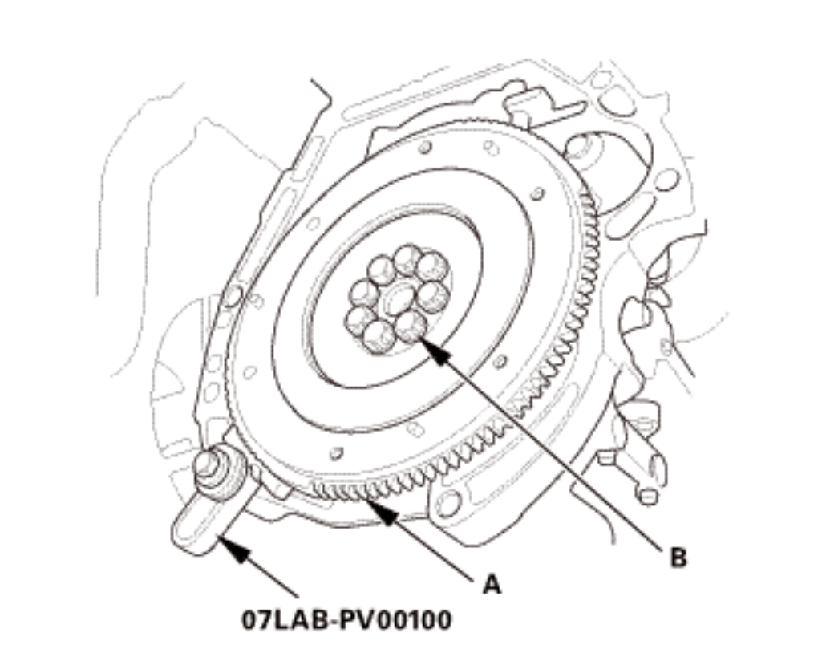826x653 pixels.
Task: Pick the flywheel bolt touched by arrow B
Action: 411,326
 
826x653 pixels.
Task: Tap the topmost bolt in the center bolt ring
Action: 407,258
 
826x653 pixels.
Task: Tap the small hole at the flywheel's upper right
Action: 538,193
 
